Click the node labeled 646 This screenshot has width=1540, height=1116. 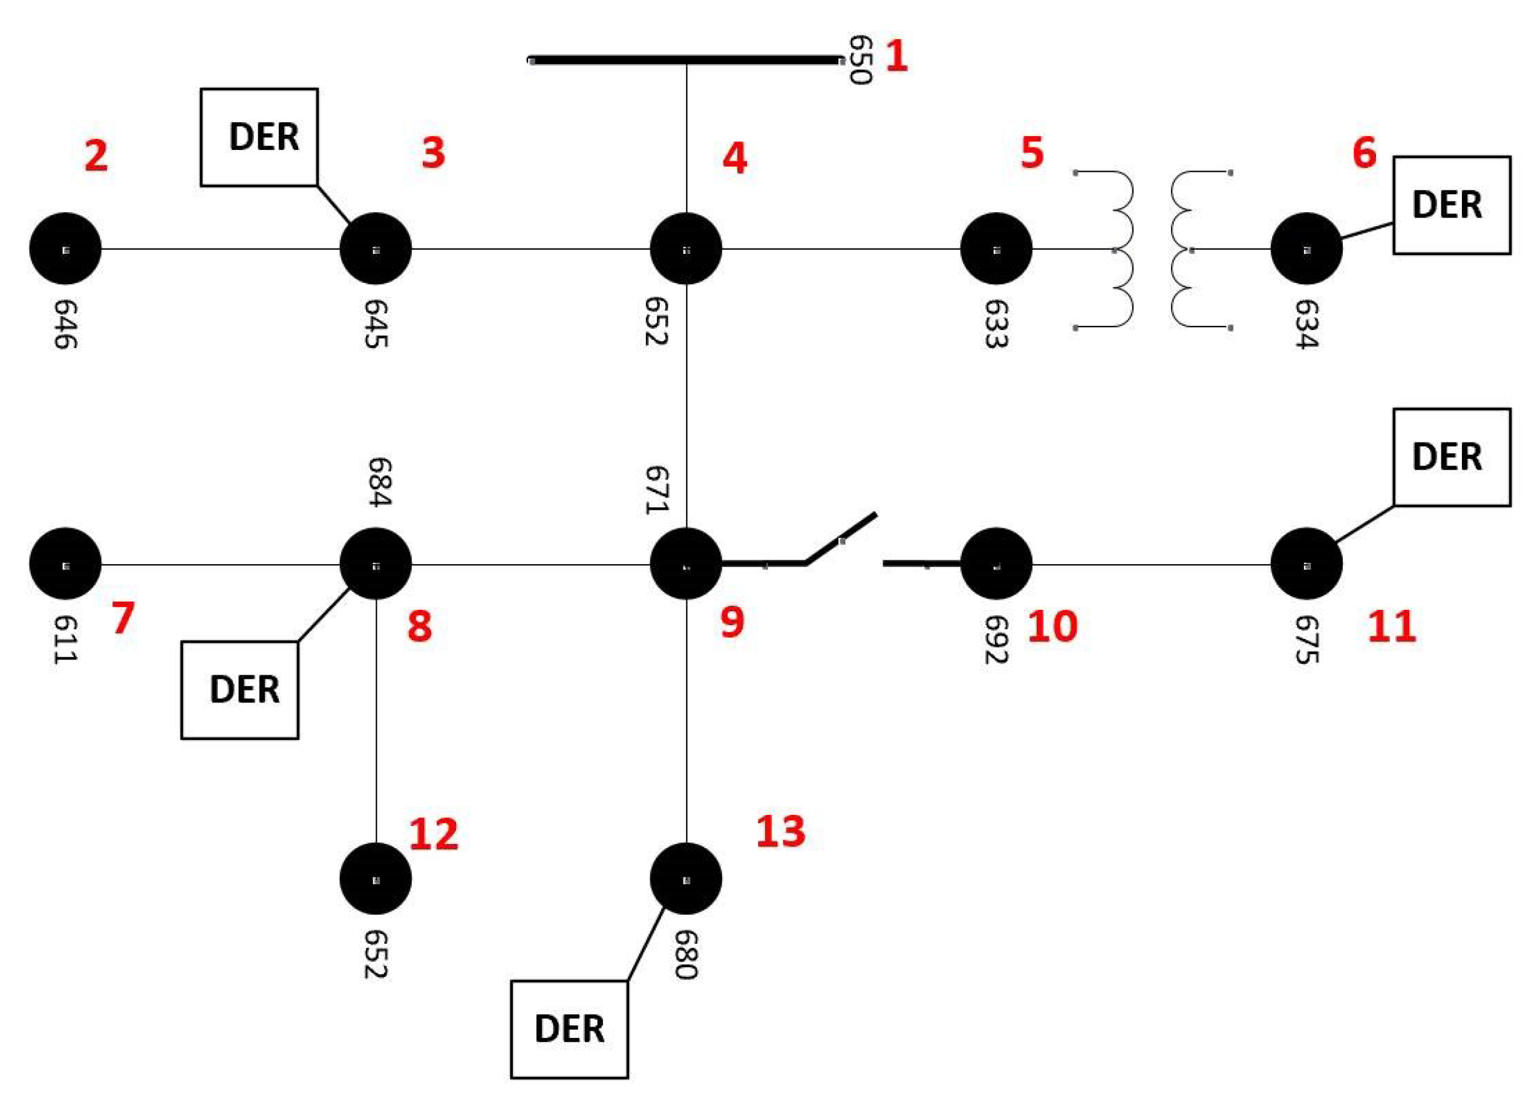pyautogui.click(x=65, y=248)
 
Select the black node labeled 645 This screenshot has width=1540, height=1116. pyautogui.click(x=376, y=248)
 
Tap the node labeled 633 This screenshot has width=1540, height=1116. pyautogui.click(x=996, y=248)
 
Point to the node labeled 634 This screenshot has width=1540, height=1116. pyautogui.click(x=1307, y=248)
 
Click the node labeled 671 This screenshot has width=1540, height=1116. pyautogui.click(x=686, y=564)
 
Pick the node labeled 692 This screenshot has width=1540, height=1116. pyautogui.click(x=996, y=564)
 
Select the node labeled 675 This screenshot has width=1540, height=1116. pyautogui.click(x=1307, y=564)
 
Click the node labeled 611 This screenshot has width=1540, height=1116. pyautogui.click(x=65, y=564)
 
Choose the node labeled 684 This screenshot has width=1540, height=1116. pyautogui.click(x=376, y=564)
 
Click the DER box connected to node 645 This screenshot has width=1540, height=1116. pyautogui.click(x=259, y=137)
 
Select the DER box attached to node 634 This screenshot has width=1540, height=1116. pyautogui.click(x=1452, y=205)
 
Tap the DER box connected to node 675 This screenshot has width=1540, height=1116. pyautogui.click(x=1452, y=457)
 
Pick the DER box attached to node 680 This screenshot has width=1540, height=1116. pyautogui.click(x=569, y=1028)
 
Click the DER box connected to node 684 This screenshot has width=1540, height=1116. pyautogui.click(x=240, y=690)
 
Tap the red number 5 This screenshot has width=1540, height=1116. pyautogui.click(x=1031, y=153)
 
